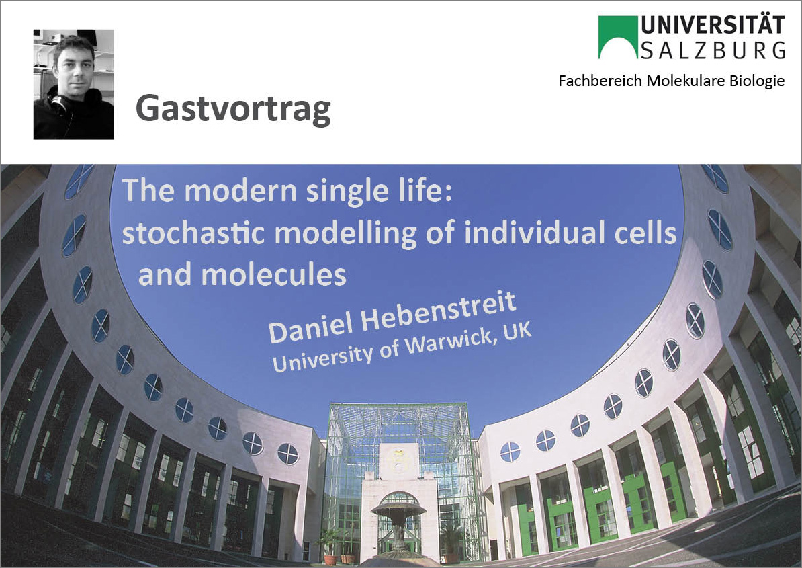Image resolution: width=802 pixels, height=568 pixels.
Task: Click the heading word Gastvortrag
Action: [x=233, y=110]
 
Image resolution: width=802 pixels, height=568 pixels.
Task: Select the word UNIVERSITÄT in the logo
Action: [x=713, y=25]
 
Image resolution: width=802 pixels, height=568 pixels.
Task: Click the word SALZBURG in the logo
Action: [x=713, y=50]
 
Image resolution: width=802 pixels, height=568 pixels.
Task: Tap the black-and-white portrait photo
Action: [x=74, y=84]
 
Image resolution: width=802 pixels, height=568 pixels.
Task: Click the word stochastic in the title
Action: [x=193, y=233]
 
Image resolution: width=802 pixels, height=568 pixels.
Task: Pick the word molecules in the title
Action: [x=273, y=275]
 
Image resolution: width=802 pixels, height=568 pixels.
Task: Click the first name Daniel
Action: [x=311, y=330]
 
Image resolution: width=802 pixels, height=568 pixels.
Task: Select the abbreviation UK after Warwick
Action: [x=518, y=332]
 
